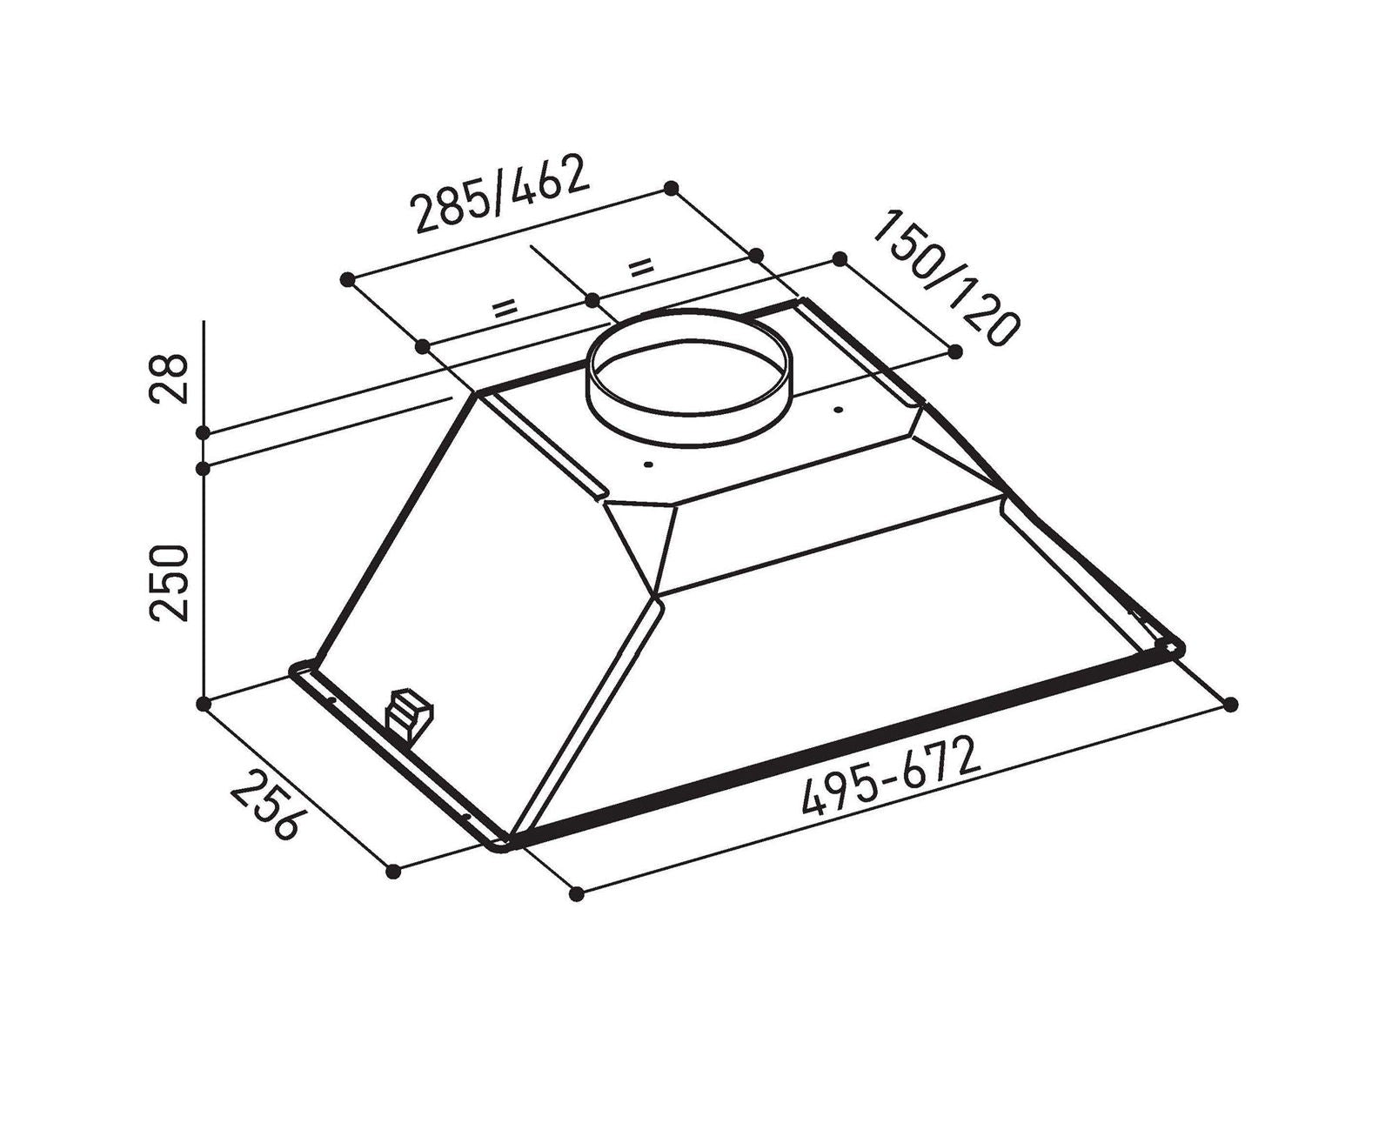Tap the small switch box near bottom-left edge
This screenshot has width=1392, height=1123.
(x=409, y=712)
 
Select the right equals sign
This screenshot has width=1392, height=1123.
(x=641, y=265)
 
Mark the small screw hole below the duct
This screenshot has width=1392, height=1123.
(x=647, y=465)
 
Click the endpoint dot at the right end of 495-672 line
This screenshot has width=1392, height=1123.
(x=1230, y=704)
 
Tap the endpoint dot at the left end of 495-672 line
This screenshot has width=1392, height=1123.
(x=576, y=893)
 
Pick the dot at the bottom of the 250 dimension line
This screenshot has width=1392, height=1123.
(x=204, y=704)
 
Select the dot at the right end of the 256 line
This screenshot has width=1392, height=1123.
(x=393, y=871)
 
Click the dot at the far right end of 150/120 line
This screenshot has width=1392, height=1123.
(x=955, y=351)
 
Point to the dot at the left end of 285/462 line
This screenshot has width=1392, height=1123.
(x=347, y=279)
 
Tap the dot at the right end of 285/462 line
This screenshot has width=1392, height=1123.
(x=671, y=188)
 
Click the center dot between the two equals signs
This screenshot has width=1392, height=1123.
(x=592, y=300)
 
